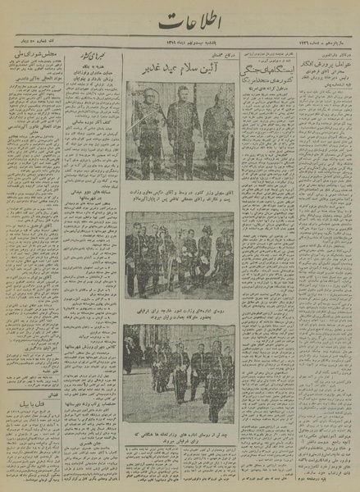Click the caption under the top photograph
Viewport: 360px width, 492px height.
[180, 194]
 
